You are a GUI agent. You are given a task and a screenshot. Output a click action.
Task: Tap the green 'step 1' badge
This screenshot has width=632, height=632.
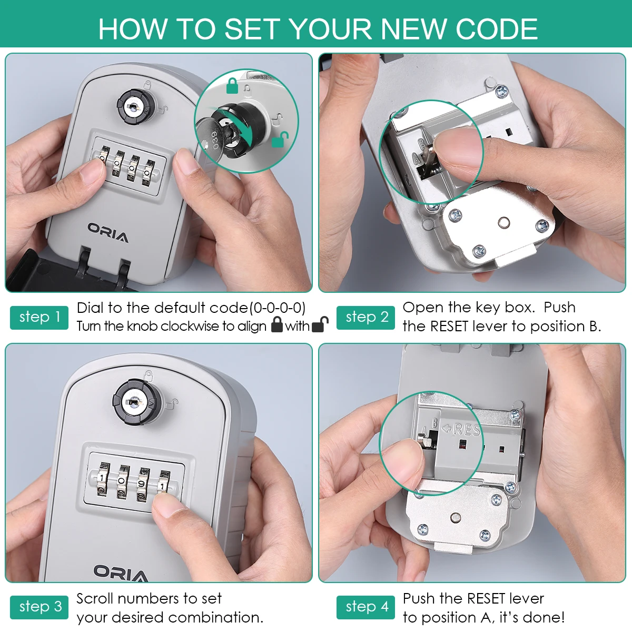point(39,318)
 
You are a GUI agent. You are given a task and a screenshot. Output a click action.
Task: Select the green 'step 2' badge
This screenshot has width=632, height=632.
point(366,318)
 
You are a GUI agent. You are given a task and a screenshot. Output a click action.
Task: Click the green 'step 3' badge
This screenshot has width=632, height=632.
point(39,607)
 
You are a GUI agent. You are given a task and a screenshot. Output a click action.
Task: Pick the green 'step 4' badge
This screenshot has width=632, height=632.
point(366,607)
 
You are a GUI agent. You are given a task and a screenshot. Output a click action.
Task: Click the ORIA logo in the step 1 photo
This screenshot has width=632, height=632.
point(108,233)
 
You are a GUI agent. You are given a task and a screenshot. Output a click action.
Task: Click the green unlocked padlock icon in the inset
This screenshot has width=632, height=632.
point(280,140)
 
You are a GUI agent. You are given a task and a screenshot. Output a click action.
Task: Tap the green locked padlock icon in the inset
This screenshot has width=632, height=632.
point(232,86)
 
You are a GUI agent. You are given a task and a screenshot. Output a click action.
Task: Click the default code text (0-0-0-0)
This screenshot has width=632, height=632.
point(278,308)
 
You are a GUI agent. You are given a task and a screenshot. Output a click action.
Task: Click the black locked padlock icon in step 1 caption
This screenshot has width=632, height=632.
point(277,325)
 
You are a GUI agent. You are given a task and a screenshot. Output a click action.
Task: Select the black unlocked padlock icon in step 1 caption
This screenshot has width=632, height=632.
point(320,325)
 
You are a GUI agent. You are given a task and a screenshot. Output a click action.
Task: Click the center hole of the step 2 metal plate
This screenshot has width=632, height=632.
point(504,223)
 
